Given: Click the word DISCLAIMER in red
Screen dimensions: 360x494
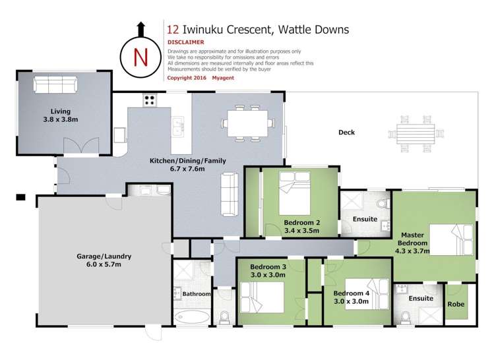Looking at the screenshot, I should tap(186, 42).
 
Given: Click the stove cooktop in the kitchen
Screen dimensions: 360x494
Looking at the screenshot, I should tap(150, 102).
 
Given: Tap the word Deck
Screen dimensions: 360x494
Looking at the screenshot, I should tap(346, 133).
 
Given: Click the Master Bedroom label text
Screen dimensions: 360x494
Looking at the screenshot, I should tap(414, 239).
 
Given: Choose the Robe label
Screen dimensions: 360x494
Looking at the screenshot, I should tap(455, 305).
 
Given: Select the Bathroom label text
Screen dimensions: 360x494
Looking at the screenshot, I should tap(197, 294).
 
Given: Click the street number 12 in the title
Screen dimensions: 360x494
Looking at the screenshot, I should tap(173, 29).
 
